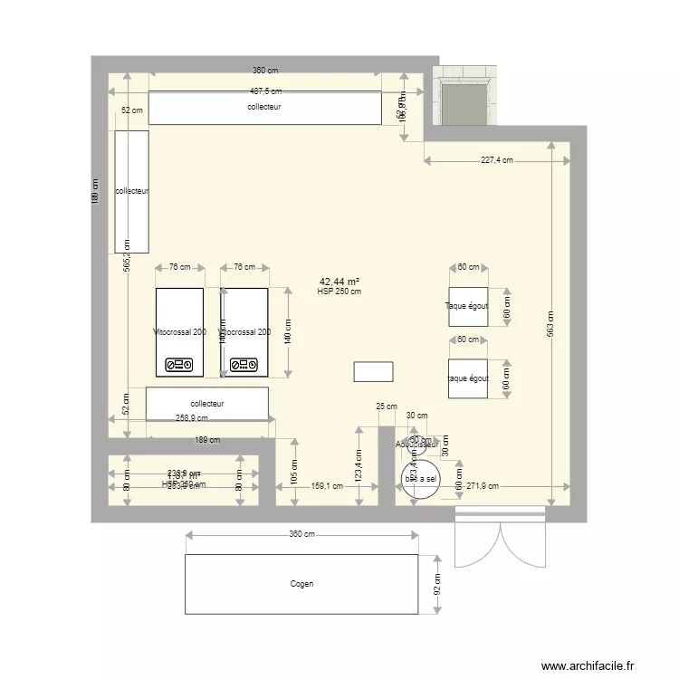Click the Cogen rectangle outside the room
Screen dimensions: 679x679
point(301,584)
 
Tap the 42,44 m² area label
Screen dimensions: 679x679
point(339,282)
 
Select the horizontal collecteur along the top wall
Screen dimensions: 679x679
point(264,108)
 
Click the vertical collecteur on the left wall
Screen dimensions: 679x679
point(131,191)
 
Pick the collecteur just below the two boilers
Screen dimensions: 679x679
point(207,404)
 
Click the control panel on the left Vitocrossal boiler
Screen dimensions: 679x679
point(177,365)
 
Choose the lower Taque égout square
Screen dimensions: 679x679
point(468,378)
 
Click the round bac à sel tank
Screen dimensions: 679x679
point(419,477)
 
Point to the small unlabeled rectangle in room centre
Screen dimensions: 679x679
point(373,372)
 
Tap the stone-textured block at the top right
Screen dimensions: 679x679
point(464,95)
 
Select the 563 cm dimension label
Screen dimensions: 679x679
point(551,330)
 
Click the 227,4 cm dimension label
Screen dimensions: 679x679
point(496,160)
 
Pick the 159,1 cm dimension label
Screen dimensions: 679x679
point(327,486)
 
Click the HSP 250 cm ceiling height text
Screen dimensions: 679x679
point(339,292)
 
